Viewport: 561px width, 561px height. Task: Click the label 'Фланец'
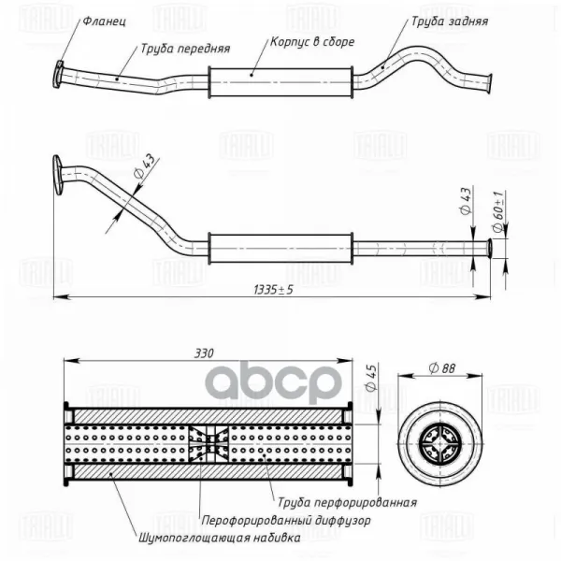tap(105, 22)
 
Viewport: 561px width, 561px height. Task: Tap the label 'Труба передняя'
tap(185, 49)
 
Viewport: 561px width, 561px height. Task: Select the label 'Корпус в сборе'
tap(312, 42)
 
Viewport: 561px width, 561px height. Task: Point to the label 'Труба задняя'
tap(450, 22)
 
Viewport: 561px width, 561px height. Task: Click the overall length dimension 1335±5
tap(273, 290)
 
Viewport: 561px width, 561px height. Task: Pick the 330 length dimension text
tap(204, 353)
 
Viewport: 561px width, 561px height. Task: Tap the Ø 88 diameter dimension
tap(442, 368)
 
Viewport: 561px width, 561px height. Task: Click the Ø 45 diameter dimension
tap(372, 378)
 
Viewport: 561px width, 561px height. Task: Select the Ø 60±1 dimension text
tap(498, 212)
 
